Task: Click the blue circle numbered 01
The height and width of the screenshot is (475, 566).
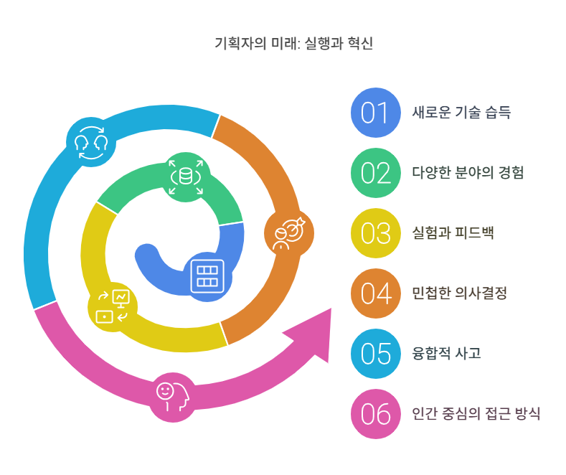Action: tap(374, 113)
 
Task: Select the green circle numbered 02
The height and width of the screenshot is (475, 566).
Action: tap(374, 173)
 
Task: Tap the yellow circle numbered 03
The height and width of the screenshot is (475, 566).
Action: tap(374, 233)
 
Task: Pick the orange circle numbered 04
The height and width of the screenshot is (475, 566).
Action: tap(374, 293)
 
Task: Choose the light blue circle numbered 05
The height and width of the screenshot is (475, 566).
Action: tap(374, 354)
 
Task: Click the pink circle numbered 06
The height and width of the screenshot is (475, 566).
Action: tap(374, 414)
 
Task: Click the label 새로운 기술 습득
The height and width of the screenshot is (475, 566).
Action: tap(461, 113)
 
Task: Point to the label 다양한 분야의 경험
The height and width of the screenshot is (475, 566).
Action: tap(468, 173)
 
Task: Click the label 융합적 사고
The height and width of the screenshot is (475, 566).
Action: tap(446, 354)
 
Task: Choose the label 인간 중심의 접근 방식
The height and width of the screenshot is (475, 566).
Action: tap(476, 414)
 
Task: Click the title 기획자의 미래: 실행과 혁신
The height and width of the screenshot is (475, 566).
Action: tap(293, 44)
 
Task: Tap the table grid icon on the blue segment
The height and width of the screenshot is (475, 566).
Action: tap(208, 275)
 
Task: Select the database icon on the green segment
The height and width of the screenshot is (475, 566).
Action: tap(187, 176)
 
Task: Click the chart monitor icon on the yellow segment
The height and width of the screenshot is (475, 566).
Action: tap(113, 306)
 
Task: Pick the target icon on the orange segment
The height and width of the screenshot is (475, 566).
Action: tap(288, 235)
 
